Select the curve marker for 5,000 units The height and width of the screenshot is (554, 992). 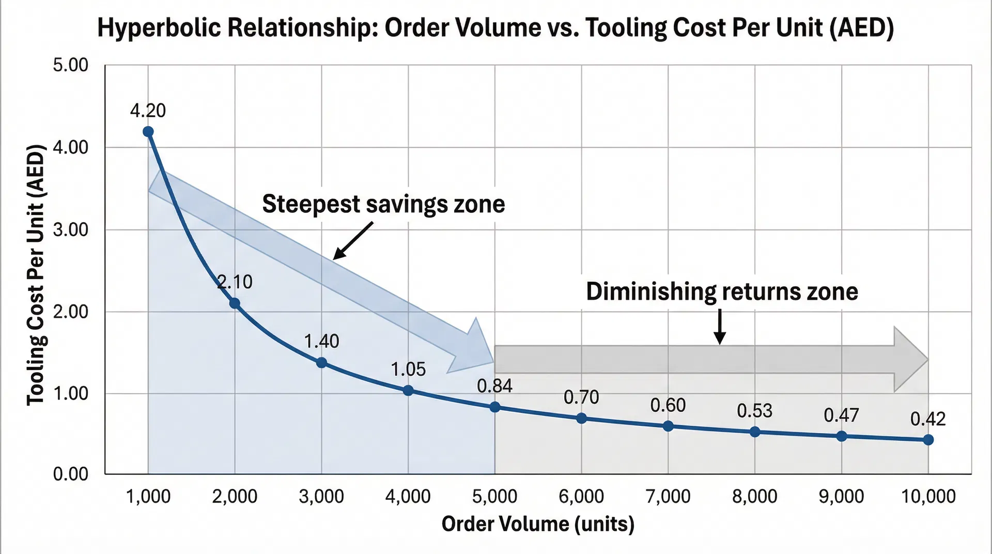495,407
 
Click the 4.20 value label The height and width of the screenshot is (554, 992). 148,111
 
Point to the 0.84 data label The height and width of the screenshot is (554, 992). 494,386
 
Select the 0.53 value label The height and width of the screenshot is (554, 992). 754,411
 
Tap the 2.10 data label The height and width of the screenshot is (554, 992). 235,282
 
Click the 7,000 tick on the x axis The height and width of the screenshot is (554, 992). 668,497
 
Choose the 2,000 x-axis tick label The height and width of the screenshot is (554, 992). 235,497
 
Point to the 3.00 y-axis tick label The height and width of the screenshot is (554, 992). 71,229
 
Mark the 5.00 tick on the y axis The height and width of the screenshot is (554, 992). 71,66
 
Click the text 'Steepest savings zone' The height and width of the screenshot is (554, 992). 383,204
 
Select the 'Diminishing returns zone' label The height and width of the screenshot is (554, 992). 722,291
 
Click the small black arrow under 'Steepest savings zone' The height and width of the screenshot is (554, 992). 353,241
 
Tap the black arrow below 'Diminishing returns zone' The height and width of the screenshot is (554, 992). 720,327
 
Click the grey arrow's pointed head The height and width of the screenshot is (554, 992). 912,359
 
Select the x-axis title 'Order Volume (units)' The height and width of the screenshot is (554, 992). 538,524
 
